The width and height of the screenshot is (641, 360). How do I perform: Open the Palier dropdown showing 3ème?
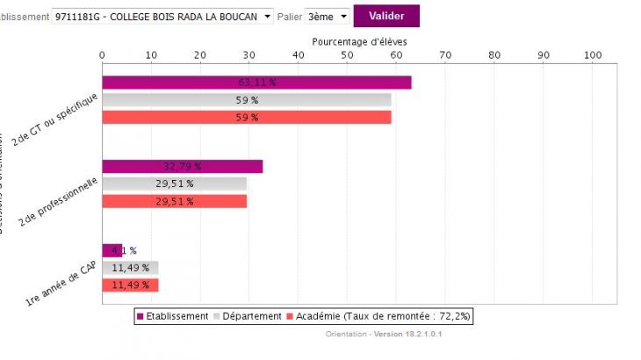point(328,16)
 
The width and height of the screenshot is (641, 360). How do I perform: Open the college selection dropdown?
point(163,16)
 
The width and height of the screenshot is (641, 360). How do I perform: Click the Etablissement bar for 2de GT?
point(256,83)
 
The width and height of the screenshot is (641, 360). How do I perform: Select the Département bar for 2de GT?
point(247,100)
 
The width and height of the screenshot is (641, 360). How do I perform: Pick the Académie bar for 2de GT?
point(247,117)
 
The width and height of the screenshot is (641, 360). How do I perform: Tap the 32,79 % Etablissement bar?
point(183,166)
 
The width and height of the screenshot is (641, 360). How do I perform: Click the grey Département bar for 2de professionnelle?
point(175,184)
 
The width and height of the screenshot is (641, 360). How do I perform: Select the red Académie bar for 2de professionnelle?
point(175,201)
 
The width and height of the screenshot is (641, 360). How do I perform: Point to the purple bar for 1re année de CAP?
point(112,250)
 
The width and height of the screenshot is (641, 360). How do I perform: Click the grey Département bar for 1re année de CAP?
point(130,268)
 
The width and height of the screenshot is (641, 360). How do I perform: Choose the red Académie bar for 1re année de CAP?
point(130,284)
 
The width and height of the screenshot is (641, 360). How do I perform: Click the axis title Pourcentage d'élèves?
point(360,41)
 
